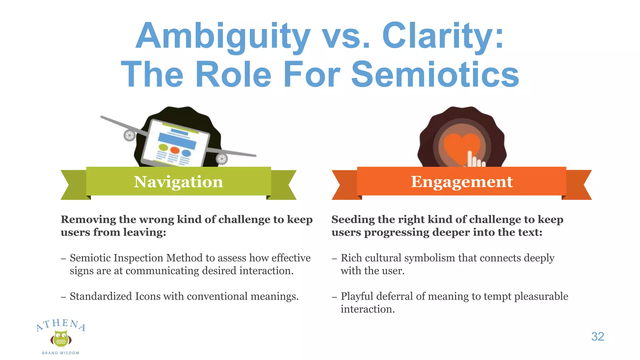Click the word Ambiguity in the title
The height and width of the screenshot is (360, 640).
[x=223, y=36]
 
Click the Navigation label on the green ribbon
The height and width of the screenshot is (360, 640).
[x=178, y=182]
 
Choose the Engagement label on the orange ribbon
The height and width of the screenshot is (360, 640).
[x=462, y=182]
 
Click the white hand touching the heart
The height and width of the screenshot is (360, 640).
[x=474, y=159]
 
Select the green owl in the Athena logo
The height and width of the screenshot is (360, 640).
[x=61, y=339]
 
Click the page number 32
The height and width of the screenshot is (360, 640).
[x=597, y=337]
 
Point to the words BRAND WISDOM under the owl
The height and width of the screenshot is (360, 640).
[x=61, y=353]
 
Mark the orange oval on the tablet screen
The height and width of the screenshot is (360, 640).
[x=174, y=151]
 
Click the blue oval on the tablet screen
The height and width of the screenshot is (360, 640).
[x=186, y=153]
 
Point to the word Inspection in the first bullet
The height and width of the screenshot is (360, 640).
[x=138, y=258]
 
